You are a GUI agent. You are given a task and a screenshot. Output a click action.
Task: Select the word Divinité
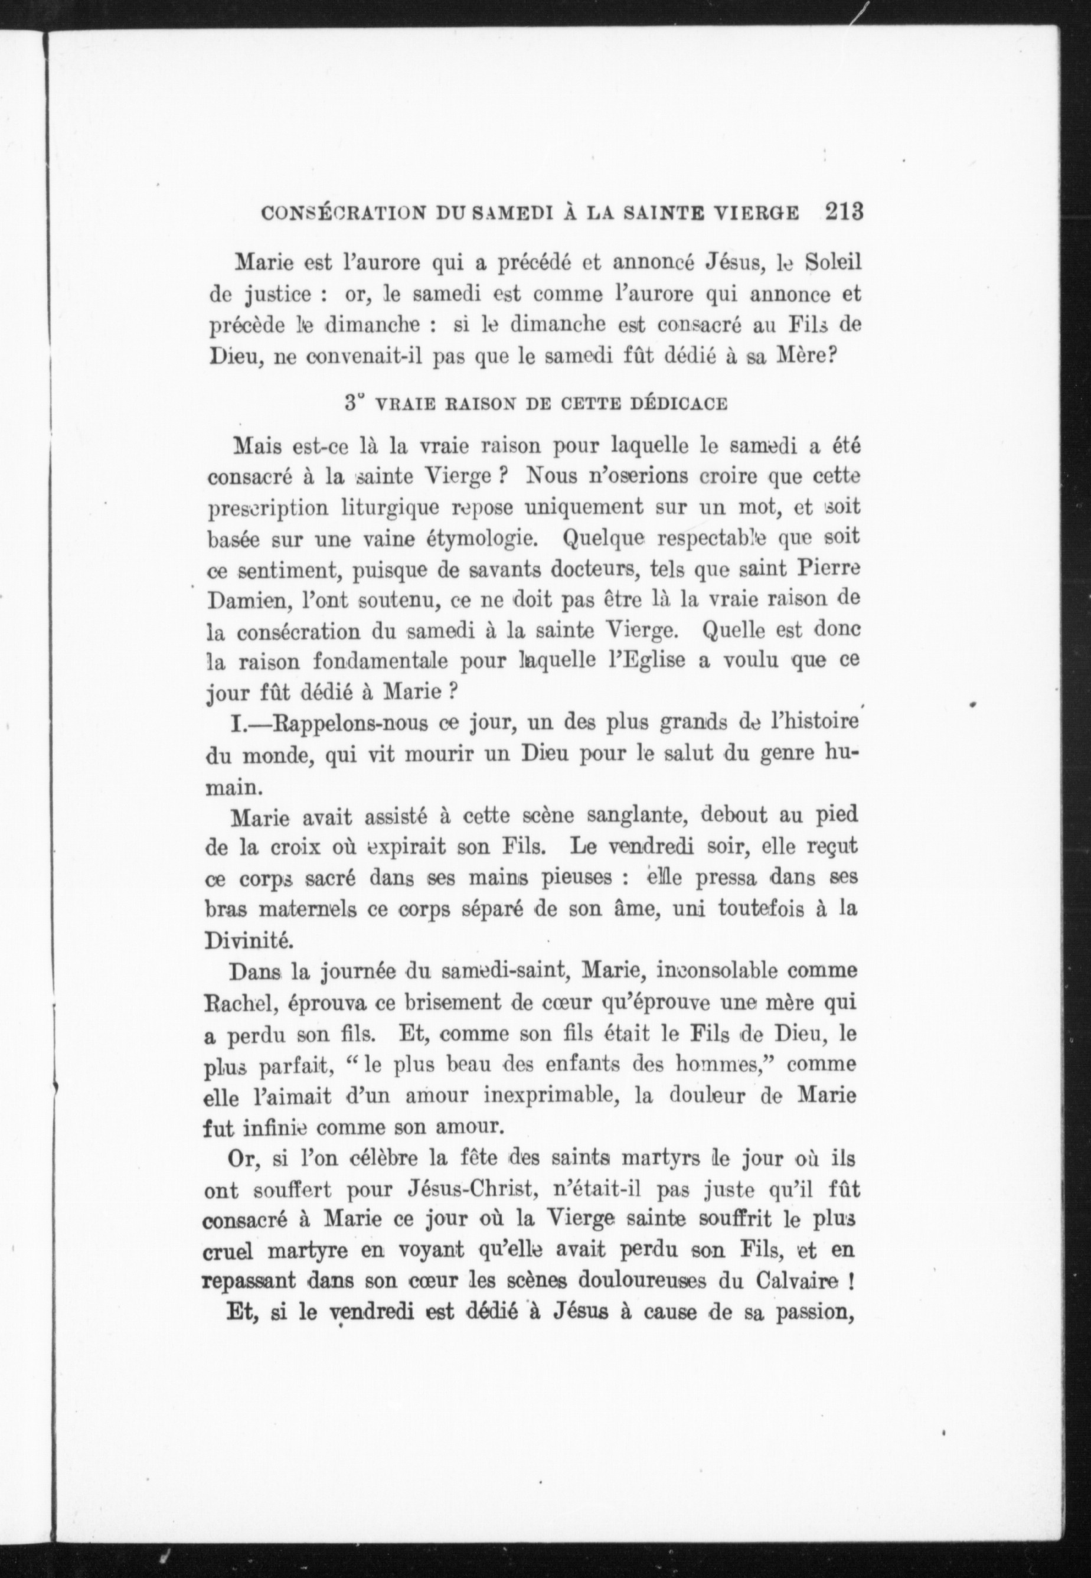pyautogui.click(x=240, y=941)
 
